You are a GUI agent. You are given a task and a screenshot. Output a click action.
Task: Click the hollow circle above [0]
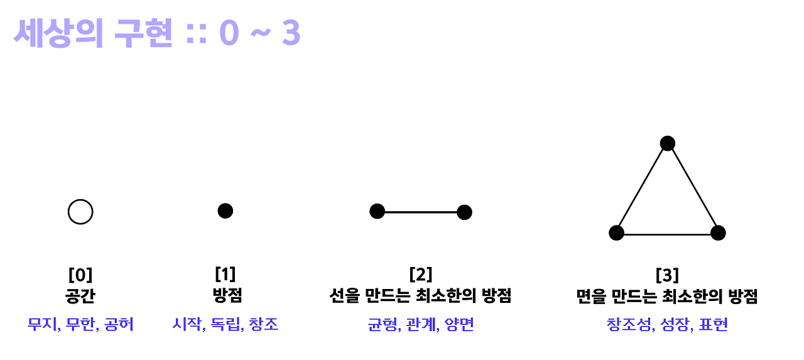(80, 212)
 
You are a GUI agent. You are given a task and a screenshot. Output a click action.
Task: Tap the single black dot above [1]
(225, 210)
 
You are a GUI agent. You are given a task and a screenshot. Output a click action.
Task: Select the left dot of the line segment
(377, 212)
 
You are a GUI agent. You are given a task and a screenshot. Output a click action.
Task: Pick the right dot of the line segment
(464, 212)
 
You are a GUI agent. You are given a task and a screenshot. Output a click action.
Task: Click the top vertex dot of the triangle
(667, 143)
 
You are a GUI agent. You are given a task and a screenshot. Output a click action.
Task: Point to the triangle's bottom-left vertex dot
(616, 233)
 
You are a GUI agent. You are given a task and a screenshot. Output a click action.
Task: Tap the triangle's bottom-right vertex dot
(718, 233)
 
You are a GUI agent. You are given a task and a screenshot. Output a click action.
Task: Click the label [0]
(80, 275)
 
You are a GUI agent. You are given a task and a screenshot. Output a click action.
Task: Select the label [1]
(225, 274)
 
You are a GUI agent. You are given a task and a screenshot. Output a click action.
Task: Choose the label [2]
(420, 275)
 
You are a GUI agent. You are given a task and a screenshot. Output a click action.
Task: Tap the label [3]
(666, 275)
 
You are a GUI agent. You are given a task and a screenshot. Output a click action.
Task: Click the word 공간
(80, 296)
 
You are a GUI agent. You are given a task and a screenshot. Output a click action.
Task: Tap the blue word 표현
(712, 325)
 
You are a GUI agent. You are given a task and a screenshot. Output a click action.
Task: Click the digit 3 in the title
(290, 35)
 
